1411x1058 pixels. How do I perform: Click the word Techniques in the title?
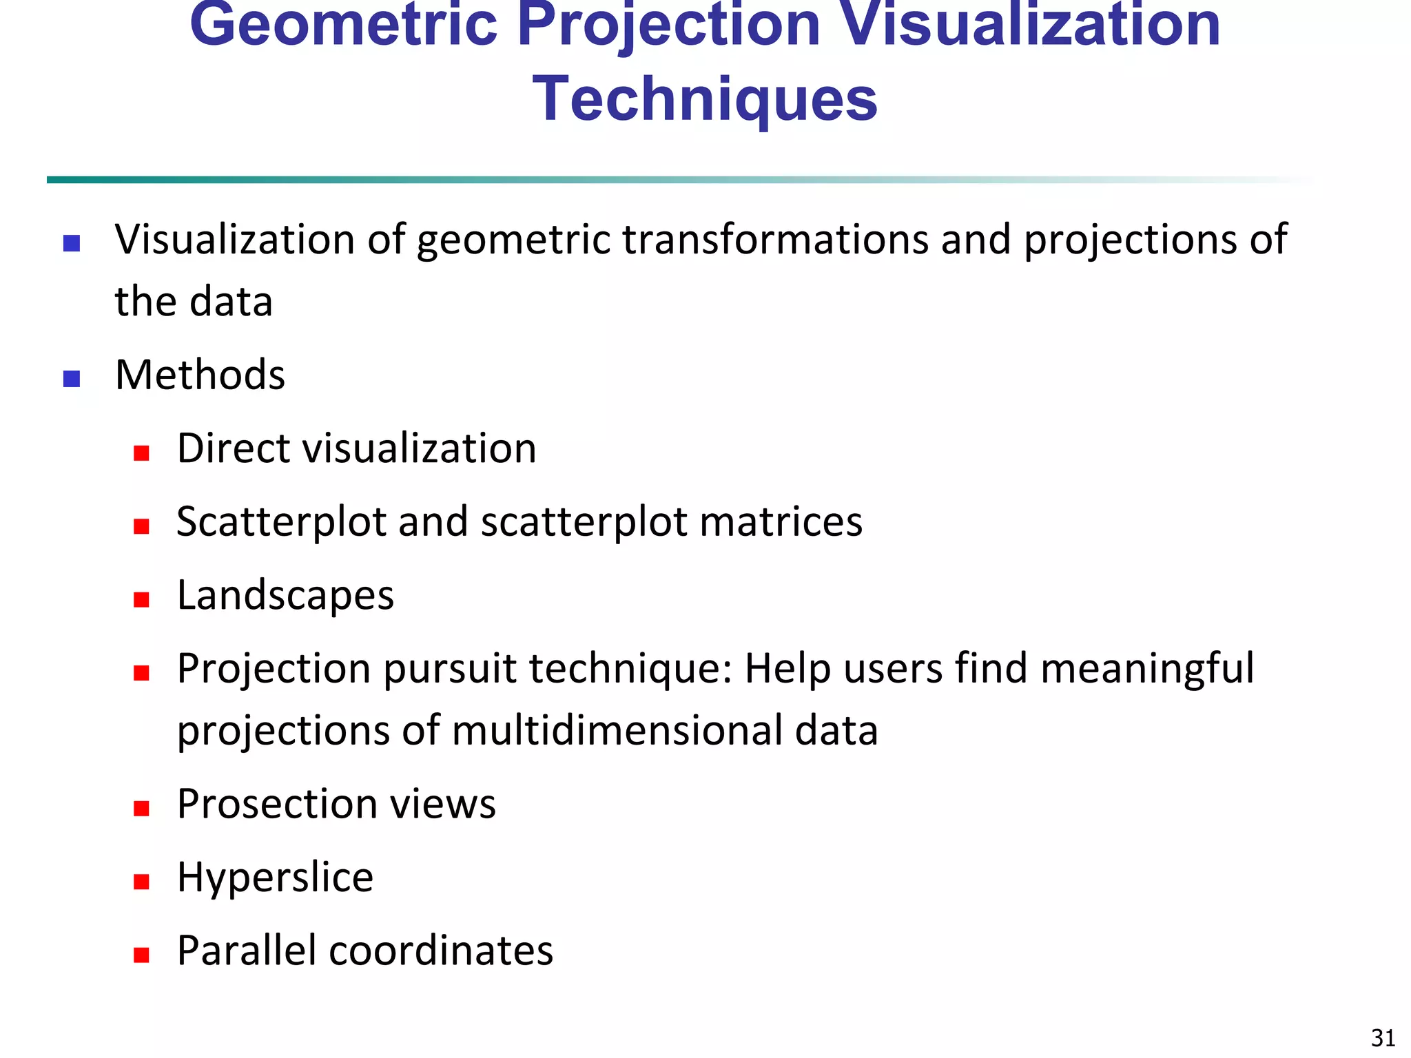pyautogui.click(x=705, y=100)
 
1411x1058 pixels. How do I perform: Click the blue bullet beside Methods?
pyautogui.click(x=72, y=379)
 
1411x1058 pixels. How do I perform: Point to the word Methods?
pyautogui.click(x=200, y=375)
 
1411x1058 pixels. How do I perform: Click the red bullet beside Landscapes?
pyautogui.click(x=142, y=599)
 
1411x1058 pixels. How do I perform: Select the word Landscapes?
pyautogui.click(x=285, y=595)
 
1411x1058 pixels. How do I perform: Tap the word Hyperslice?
pyautogui.click(x=275, y=877)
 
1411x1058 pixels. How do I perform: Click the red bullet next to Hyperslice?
pyautogui.click(x=142, y=882)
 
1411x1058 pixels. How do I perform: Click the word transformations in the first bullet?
pyautogui.click(x=776, y=240)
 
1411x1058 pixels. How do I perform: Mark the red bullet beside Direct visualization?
pyautogui.click(x=142, y=453)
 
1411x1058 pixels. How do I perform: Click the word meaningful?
pyautogui.click(x=1146, y=669)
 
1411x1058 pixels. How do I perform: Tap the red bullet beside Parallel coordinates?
pyautogui.click(x=142, y=955)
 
